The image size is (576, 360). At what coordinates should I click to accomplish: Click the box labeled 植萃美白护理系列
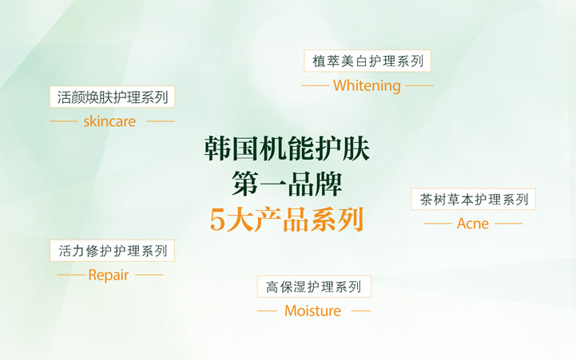(367, 61)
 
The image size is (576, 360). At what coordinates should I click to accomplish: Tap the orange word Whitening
(367, 85)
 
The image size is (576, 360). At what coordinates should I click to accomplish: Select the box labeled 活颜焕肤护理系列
(112, 97)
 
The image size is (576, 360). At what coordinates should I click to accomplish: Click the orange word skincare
(109, 121)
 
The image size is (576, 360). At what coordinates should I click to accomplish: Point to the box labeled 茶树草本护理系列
(473, 200)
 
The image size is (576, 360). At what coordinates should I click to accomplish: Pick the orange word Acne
(473, 224)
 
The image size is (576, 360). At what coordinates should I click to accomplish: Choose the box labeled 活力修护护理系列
(112, 251)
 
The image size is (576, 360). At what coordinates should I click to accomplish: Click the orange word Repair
(108, 275)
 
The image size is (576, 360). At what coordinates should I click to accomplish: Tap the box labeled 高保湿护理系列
(314, 287)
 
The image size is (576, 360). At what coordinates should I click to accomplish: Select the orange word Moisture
(312, 311)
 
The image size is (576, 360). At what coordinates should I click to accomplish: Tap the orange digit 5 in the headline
(217, 220)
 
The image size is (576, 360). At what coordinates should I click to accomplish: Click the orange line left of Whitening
(315, 85)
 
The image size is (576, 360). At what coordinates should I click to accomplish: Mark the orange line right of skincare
(160, 121)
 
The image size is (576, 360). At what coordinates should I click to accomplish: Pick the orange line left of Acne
(437, 224)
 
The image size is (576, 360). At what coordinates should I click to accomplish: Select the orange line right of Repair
(149, 275)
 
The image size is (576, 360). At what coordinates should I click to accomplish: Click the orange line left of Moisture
(266, 311)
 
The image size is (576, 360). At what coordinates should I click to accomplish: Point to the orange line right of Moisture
(361, 311)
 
